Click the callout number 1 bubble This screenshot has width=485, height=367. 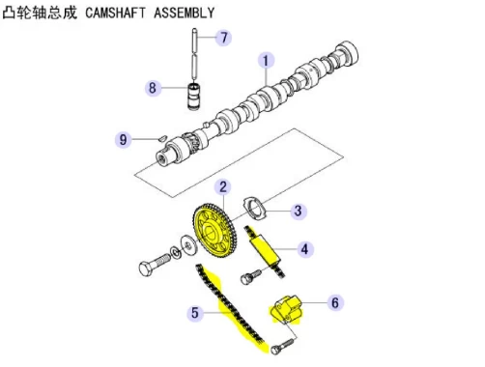266,61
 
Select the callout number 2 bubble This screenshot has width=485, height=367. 223,187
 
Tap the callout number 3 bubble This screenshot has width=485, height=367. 299,212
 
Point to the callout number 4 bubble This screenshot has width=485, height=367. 304,249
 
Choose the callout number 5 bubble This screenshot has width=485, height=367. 195,313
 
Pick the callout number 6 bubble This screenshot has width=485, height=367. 335,302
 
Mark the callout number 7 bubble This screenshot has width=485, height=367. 224,38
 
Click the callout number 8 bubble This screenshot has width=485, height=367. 153,88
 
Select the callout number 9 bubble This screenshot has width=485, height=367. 124,140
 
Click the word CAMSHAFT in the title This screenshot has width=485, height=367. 115,13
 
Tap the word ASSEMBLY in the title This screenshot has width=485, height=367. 185,13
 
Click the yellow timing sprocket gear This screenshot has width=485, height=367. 215,231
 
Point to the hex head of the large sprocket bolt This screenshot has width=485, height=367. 146,268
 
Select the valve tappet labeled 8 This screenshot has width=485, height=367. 194,96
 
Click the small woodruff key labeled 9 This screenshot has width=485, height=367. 162,138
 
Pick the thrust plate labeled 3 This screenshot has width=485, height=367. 256,208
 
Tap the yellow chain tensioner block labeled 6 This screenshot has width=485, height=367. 286,310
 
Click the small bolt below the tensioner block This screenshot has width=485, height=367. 282,346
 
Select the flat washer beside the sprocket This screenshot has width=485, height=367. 187,245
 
